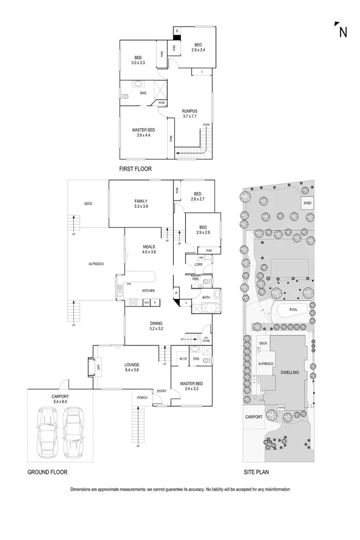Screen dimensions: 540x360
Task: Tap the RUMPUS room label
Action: [190, 114]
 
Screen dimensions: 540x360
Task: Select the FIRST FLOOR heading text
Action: [135, 169]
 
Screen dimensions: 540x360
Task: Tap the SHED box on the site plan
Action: [307, 203]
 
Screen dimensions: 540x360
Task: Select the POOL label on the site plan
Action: [293, 310]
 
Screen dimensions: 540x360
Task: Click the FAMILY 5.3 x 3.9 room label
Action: [141, 203]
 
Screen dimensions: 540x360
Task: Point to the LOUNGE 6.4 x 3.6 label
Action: [132, 367]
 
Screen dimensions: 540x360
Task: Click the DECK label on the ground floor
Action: [88, 203]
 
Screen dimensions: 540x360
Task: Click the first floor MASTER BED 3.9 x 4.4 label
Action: [142, 132]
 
